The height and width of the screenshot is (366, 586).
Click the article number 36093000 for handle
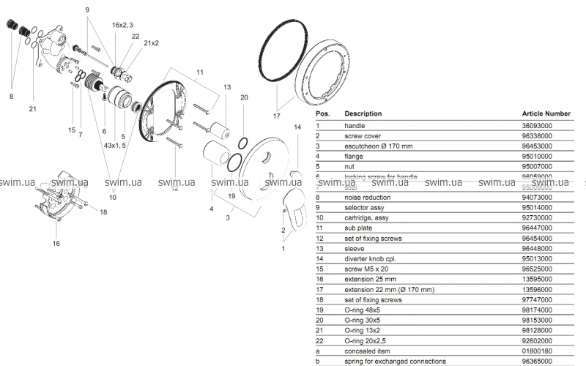[537, 125]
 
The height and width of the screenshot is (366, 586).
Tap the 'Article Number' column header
[546, 114]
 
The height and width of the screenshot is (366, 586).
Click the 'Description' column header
[363, 114]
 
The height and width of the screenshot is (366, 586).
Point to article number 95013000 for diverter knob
[537, 258]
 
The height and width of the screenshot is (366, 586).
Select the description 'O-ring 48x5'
[363, 310]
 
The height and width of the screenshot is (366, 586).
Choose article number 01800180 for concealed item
[537, 351]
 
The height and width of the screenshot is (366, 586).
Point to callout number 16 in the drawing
[56, 242]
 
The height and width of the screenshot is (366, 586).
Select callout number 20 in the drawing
[245, 97]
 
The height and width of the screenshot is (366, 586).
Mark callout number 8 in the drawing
[11, 95]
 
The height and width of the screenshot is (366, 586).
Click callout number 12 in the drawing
[175, 188]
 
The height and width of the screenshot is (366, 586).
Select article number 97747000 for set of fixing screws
[537, 299]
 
